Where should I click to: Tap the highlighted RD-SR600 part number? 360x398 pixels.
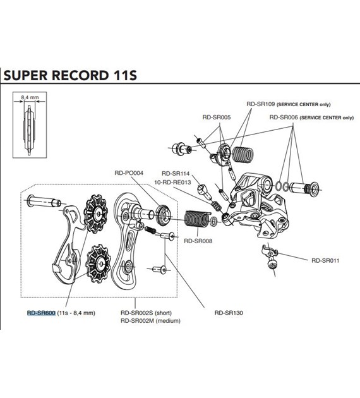point(41,312)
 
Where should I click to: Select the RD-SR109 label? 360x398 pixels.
point(262,104)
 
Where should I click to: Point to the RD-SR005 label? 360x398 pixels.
point(216,117)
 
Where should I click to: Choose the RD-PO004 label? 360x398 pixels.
point(129,172)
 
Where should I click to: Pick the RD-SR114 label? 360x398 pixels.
point(175,172)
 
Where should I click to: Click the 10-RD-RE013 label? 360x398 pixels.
point(172,182)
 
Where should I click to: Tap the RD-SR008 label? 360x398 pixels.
point(197,240)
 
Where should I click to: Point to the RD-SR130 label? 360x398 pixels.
point(229,312)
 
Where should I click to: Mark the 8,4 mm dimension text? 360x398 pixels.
point(30,98)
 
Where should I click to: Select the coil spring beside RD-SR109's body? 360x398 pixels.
point(243,153)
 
